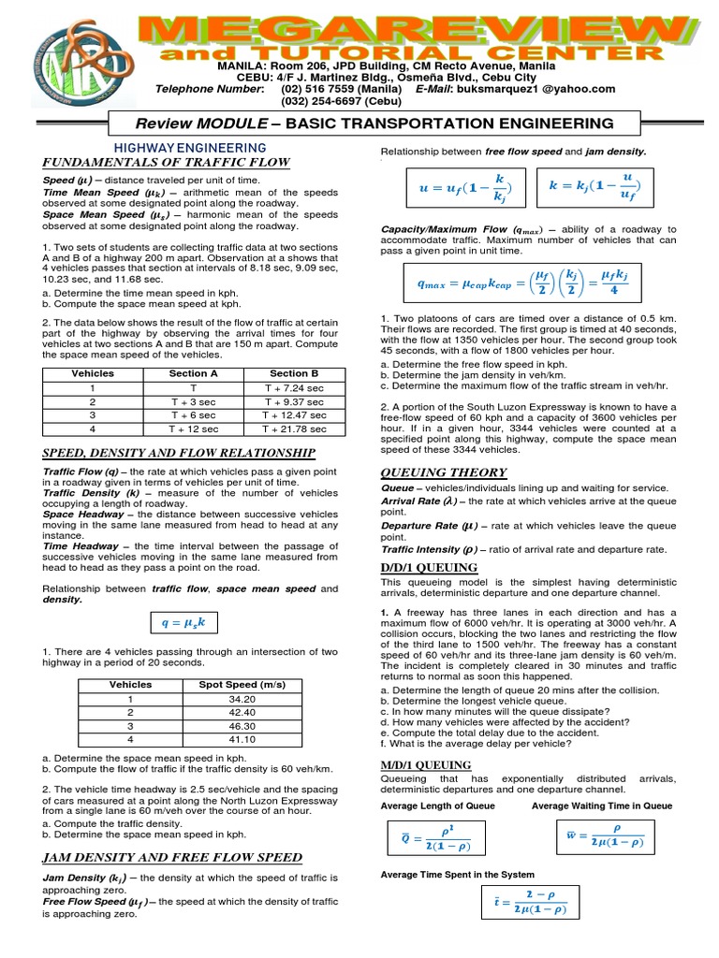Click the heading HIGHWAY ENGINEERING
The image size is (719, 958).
click(x=191, y=149)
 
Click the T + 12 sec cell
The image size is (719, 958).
click(x=194, y=428)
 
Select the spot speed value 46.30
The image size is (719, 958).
click(x=242, y=726)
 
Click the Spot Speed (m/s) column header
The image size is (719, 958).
click(x=242, y=685)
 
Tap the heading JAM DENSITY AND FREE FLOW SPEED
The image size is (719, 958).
click(x=172, y=857)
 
